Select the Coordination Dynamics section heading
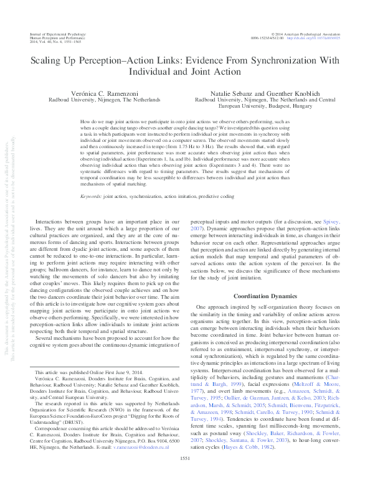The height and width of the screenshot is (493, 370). (x=268, y=296)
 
